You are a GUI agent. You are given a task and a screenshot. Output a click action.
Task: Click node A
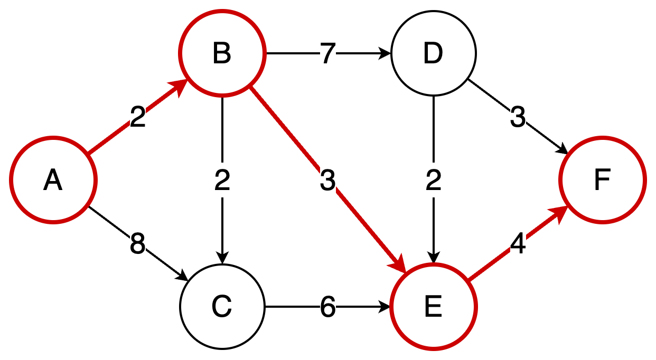53,181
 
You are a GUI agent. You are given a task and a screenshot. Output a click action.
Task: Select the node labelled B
222,54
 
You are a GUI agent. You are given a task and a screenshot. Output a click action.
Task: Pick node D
433,54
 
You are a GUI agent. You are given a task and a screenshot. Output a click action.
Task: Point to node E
433,307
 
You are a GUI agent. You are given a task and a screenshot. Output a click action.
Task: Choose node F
602,181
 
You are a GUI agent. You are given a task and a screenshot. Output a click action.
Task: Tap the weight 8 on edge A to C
137,244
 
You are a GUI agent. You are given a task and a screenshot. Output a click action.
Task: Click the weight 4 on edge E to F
518,244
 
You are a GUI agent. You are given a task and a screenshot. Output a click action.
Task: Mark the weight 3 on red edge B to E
327,181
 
